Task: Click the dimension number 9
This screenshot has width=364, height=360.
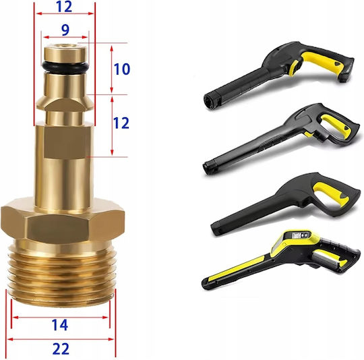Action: pos(65,30)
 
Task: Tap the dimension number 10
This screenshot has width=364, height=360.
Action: pos(122,69)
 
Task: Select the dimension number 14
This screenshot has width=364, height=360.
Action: pos(60,325)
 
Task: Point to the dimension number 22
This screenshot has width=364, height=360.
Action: pos(61,349)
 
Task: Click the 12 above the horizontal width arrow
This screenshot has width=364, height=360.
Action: pos(64,7)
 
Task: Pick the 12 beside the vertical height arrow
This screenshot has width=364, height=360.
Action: pos(121,123)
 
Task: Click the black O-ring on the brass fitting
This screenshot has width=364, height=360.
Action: pos(65,67)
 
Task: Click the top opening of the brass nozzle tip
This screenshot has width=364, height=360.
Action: pos(65,46)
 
